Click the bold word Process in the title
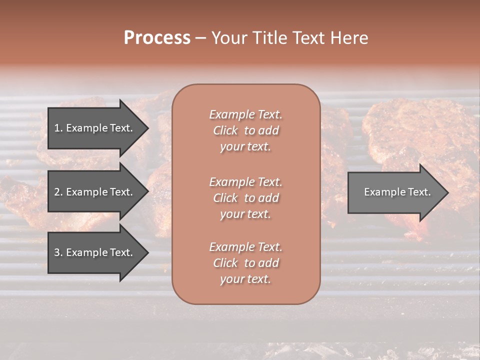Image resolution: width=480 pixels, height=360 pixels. tap(157, 38)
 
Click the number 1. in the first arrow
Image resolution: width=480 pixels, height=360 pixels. tap(58, 128)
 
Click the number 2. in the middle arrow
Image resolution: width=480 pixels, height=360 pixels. tap(58, 192)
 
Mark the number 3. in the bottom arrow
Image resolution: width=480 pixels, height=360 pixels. tap(58, 252)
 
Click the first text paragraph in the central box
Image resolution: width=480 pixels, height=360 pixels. tap(245, 130)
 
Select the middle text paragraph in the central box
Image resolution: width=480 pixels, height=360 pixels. tap(245, 197)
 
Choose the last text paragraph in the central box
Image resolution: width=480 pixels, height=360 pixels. tap(245, 263)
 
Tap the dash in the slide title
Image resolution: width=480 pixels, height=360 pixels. tap(200, 38)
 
